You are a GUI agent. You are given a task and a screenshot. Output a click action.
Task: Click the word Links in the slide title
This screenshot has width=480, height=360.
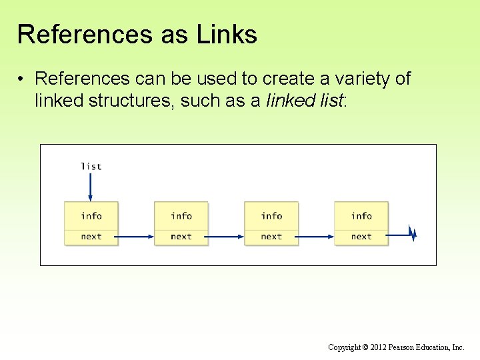[227, 35]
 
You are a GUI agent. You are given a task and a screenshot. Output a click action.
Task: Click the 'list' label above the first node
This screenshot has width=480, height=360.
[91, 166]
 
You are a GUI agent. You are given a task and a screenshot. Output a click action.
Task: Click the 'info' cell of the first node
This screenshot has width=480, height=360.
[91, 215]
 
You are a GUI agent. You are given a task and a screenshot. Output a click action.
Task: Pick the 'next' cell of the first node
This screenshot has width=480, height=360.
[91, 237]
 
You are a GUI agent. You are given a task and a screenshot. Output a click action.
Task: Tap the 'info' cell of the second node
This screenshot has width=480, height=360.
[181, 215]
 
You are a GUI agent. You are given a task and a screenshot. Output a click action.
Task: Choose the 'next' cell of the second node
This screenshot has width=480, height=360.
[181, 237]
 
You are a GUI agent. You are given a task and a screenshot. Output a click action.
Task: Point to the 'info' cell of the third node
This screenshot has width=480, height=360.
[271, 215]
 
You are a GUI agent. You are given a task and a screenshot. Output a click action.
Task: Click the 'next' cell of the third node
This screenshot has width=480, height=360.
[271, 237]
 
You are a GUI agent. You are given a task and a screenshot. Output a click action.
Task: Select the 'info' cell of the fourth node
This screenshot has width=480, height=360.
[361, 215]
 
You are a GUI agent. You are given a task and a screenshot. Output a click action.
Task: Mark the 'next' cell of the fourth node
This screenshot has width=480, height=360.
[361, 237]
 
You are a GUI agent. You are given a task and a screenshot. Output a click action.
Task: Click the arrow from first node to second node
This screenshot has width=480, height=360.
[136, 235]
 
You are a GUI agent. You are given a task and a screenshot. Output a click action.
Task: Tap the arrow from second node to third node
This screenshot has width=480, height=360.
[226, 235]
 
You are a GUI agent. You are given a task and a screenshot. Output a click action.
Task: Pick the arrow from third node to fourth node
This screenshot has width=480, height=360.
[316, 235]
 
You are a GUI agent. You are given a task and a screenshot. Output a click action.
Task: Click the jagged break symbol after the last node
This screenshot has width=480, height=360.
[413, 234]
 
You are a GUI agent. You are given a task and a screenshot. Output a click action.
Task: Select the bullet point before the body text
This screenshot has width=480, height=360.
[22, 79]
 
